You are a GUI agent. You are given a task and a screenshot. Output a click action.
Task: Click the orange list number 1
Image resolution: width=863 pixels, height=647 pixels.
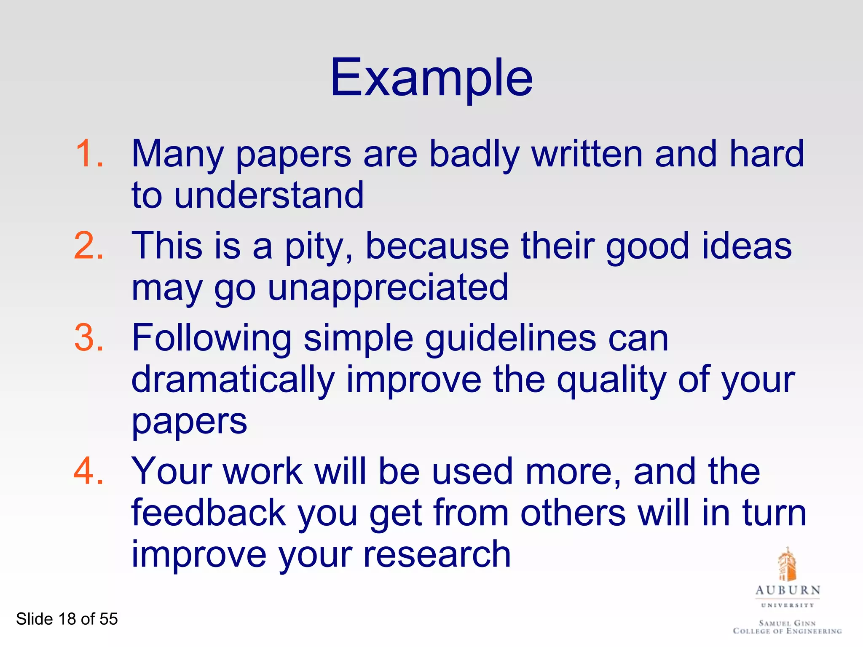point(89,154)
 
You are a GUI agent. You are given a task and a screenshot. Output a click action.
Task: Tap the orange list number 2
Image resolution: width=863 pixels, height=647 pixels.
point(89,246)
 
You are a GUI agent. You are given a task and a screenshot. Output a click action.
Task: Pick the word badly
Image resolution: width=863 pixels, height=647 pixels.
point(474,154)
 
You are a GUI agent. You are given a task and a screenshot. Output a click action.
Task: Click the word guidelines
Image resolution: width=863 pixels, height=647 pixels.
point(510,339)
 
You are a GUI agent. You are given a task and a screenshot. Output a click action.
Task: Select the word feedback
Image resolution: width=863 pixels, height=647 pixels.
point(209,513)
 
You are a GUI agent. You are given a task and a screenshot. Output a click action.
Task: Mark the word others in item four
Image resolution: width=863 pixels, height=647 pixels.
point(573,513)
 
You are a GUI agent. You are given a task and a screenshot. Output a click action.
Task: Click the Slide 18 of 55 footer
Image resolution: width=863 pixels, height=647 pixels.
point(67,619)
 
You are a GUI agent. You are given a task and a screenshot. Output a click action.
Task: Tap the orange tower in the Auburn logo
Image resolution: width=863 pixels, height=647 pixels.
point(786,564)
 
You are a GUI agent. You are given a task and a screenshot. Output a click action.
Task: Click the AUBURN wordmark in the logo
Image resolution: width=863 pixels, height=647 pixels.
point(788,590)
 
